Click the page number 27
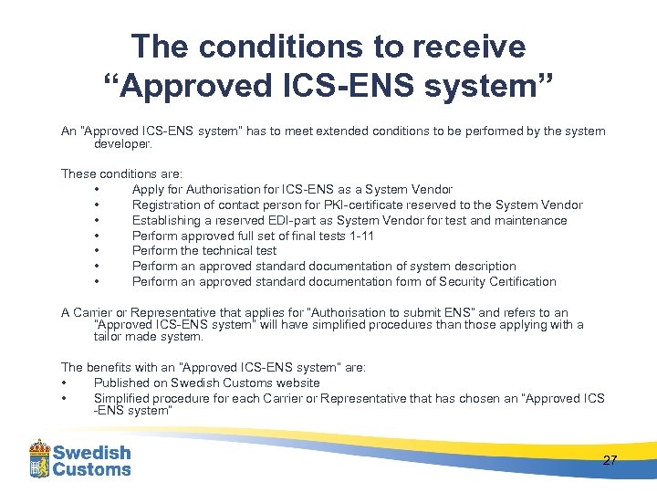610,460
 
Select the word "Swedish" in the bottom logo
91,453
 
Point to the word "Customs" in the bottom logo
91,470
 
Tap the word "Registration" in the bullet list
169,205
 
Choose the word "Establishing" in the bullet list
169,220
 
